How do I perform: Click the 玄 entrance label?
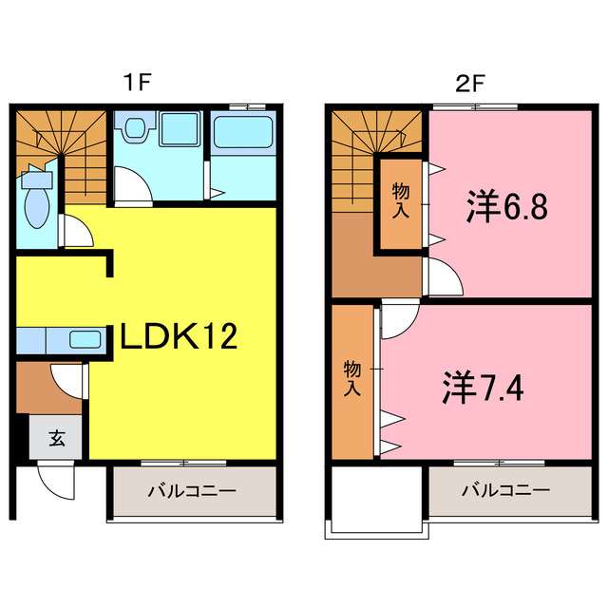coord(57,439)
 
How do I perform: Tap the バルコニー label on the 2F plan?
coord(506,492)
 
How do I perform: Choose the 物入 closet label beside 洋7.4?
coord(352,377)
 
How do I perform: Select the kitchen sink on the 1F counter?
coord(87,339)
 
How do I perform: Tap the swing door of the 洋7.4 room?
coord(397,319)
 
